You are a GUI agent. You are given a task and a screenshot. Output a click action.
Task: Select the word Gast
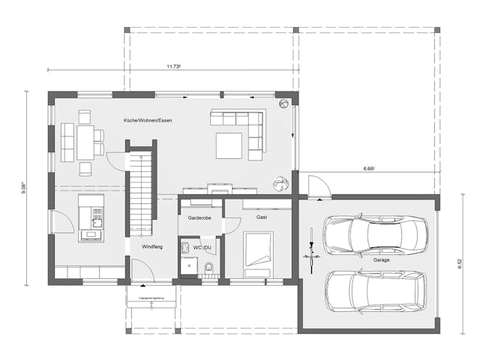tap(262, 217)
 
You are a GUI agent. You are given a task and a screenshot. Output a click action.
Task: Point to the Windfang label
tap(152, 246)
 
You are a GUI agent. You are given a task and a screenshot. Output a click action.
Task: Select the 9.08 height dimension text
tap(25, 187)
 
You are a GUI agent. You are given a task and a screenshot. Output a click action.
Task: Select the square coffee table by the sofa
tap(229, 145)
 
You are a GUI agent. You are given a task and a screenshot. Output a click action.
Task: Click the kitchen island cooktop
tap(97, 217)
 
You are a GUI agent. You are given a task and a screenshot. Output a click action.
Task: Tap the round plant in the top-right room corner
tap(284, 103)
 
